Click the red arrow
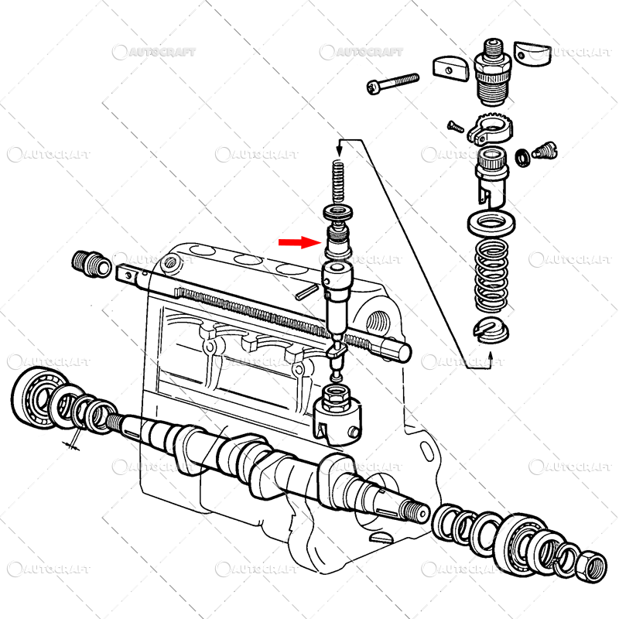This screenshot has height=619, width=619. click(299, 242)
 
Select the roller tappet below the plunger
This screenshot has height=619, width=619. click(338, 414)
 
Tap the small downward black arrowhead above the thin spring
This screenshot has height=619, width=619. click(339, 149)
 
